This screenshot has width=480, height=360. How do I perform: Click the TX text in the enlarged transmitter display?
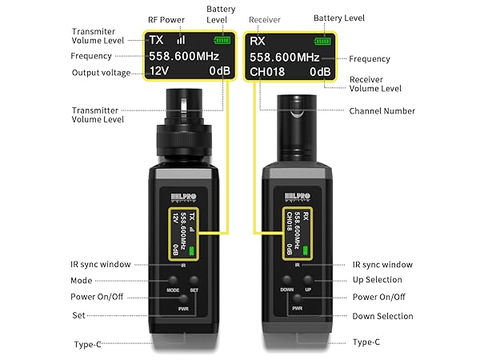[x=157, y=38]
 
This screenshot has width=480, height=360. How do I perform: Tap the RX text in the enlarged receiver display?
[x=258, y=38]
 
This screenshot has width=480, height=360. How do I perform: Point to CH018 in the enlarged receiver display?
[x=268, y=72]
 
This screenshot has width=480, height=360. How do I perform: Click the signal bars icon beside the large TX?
[x=181, y=38]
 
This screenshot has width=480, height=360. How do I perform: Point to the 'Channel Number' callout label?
[x=381, y=110]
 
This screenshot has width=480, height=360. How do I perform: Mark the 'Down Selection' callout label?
[x=382, y=316]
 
